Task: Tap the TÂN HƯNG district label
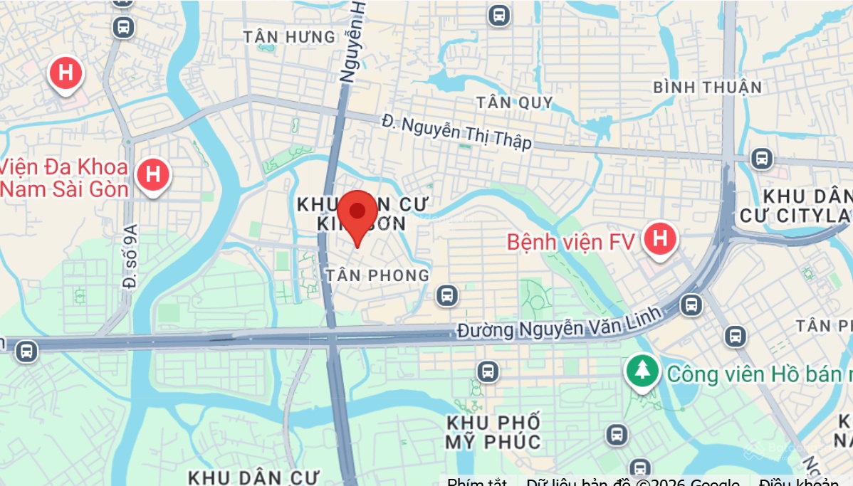(288, 36)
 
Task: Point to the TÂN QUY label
(514, 102)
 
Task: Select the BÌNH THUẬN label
(707, 88)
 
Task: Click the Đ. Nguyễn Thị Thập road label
(456, 131)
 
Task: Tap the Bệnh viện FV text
(570, 242)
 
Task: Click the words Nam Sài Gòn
(64, 189)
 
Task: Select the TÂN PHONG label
(377, 275)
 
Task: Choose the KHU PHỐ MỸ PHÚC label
(493, 431)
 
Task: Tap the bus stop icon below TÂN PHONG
(446, 295)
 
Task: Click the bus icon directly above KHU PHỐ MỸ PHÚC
(488, 370)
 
